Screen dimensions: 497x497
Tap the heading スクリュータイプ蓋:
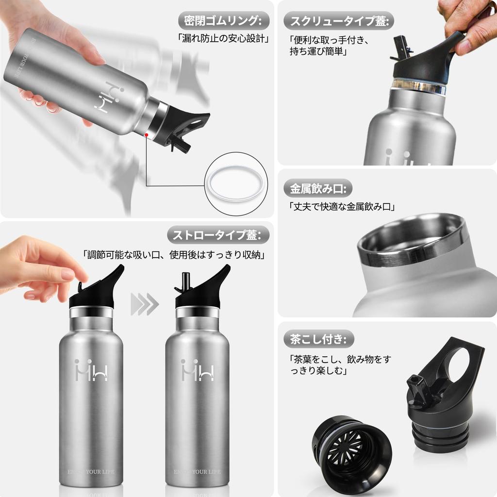pos(338,20)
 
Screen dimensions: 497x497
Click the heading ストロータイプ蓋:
pos(217,235)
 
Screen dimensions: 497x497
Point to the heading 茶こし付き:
pos(318,338)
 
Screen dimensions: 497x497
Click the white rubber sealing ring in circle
pos(236,184)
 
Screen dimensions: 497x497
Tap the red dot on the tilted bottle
pos(146,136)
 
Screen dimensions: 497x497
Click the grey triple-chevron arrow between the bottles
pos(145,304)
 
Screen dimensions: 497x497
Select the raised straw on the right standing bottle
pos(184,282)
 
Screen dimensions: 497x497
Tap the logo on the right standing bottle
pos(197,370)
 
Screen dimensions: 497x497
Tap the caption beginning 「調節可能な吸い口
pos(176,254)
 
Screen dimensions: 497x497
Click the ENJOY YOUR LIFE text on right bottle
pos(197,471)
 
